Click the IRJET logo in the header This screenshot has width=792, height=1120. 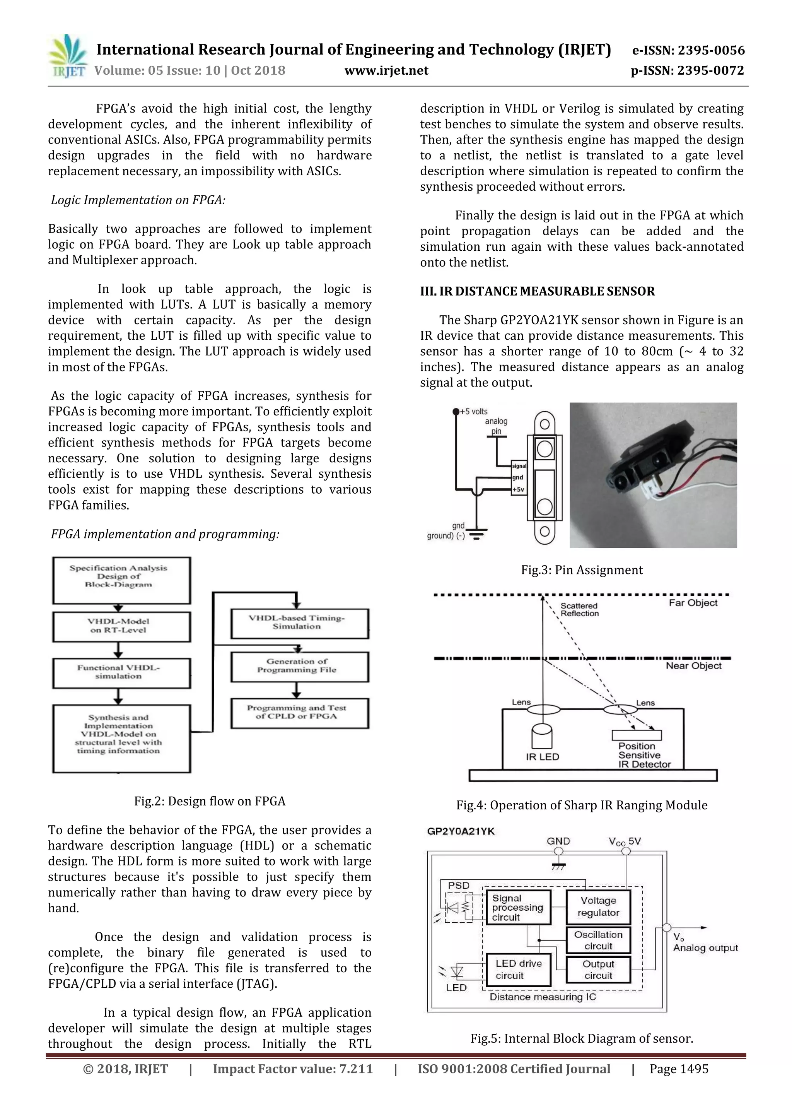click(68, 56)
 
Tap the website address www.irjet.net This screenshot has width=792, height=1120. click(386, 71)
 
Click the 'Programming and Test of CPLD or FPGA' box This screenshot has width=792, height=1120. click(299, 713)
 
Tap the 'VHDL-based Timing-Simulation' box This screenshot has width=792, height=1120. click(299, 623)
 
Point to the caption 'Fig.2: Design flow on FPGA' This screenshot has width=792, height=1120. click(210, 802)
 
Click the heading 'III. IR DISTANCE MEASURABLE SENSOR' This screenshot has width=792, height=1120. click(538, 291)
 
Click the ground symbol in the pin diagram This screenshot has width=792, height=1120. click(477, 535)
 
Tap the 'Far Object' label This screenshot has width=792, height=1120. click(693, 603)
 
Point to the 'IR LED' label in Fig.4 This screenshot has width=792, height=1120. click(542, 757)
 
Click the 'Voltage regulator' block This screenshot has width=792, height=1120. click(598, 907)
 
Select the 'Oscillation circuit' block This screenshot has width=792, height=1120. click(598, 940)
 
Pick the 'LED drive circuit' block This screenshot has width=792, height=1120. click(519, 970)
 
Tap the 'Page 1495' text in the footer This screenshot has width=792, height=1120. click(678, 1069)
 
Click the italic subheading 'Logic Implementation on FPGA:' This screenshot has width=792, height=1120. click(138, 200)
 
